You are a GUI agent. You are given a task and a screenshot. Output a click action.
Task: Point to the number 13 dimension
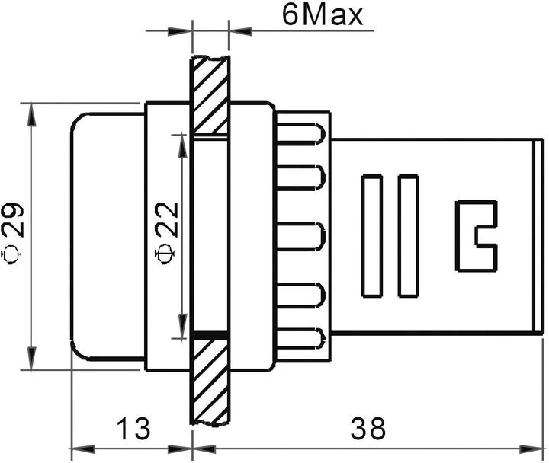tap(131, 429)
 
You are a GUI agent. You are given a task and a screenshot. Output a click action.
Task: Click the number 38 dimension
tap(368, 429)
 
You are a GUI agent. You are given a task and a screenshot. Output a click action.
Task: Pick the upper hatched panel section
tap(210, 95)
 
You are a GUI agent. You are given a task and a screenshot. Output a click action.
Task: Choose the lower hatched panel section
tap(210, 381)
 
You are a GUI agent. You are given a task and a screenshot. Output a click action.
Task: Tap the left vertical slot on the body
tap(372, 236)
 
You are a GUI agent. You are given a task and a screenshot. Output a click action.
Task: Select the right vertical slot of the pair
tap(409, 236)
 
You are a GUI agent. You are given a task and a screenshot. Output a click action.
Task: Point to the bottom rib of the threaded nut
tap(301, 339)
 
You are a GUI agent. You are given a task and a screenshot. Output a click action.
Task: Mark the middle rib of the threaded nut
tap(301, 236)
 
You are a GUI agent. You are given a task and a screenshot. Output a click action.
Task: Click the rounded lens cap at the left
tap(107, 235)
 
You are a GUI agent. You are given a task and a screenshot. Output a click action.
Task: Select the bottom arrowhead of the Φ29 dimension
tap(31, 362)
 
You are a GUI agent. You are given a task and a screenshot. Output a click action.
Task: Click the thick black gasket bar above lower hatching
tap(210, 334)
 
